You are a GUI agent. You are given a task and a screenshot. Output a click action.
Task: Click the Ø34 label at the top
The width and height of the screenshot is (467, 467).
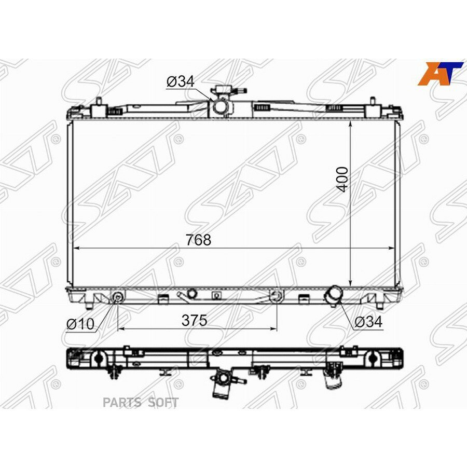point(180,81)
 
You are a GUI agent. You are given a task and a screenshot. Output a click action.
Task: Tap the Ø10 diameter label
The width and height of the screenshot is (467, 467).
point(80,324)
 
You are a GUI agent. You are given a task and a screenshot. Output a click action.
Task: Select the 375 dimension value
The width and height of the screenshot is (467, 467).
point(195,321)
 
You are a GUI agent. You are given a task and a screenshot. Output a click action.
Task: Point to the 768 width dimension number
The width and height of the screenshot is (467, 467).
point(199,240)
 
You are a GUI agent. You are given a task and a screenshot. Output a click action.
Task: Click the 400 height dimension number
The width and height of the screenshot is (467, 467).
point(343,179)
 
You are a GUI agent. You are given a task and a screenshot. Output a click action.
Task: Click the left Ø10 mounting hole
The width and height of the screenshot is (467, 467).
point(118,297)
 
